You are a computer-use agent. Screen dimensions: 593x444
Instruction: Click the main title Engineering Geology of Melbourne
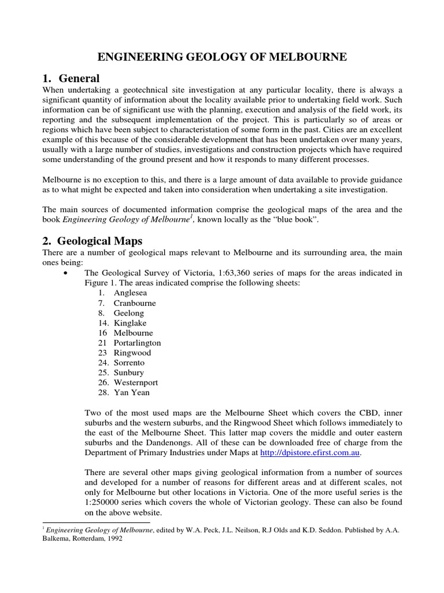point(222,57)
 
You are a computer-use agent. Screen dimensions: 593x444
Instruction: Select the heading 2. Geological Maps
point(92,240)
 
